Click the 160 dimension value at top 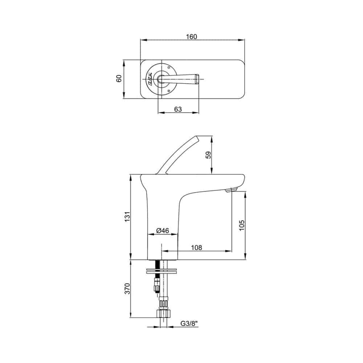point(191,37)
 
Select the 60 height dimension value point(119,78)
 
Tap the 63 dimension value point(178,109)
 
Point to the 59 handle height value point(209,155)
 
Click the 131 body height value point(127,217)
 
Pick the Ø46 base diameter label point(163,231)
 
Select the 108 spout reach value point(196,248)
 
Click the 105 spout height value point(241,225)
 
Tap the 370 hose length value point(127,289)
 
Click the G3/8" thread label point(189,323)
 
